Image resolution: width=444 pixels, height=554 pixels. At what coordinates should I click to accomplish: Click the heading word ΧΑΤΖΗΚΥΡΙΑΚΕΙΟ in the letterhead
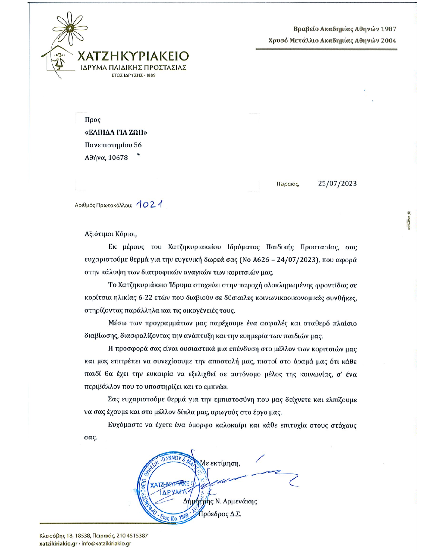click(x=133, y=56)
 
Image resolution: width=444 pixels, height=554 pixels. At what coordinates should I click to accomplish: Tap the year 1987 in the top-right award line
click(x=388, y=29)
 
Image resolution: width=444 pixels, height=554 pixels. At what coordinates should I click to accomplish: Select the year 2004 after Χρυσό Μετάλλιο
click(x=388, y=41)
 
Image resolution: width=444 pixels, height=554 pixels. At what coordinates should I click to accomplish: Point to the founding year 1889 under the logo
click(x=151, y=75)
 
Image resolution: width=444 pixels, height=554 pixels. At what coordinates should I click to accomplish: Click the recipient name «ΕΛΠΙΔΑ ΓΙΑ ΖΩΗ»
click(x=116, y=132)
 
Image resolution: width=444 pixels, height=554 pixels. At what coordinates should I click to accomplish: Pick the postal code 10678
click(x=118, y=158)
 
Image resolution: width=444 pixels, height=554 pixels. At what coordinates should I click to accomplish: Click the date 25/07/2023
click(x=337, y=184)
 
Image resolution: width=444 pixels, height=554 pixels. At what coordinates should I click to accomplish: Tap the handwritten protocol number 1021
click(x=149, y=204)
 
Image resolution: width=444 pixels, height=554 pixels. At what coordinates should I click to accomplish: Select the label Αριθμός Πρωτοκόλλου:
click(x=103, y=205)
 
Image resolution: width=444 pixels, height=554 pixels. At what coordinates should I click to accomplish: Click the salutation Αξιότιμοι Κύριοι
click(x=110, y=234)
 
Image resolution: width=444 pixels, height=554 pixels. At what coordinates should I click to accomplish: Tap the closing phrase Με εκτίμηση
click(x=220, y=463)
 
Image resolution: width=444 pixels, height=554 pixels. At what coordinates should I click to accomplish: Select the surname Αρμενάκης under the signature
click(x=240, y=501)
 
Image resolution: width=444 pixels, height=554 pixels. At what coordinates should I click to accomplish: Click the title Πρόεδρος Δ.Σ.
click(x=220, y=514)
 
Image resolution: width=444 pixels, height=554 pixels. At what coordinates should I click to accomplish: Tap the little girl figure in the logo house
click(x=59, y=61)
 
